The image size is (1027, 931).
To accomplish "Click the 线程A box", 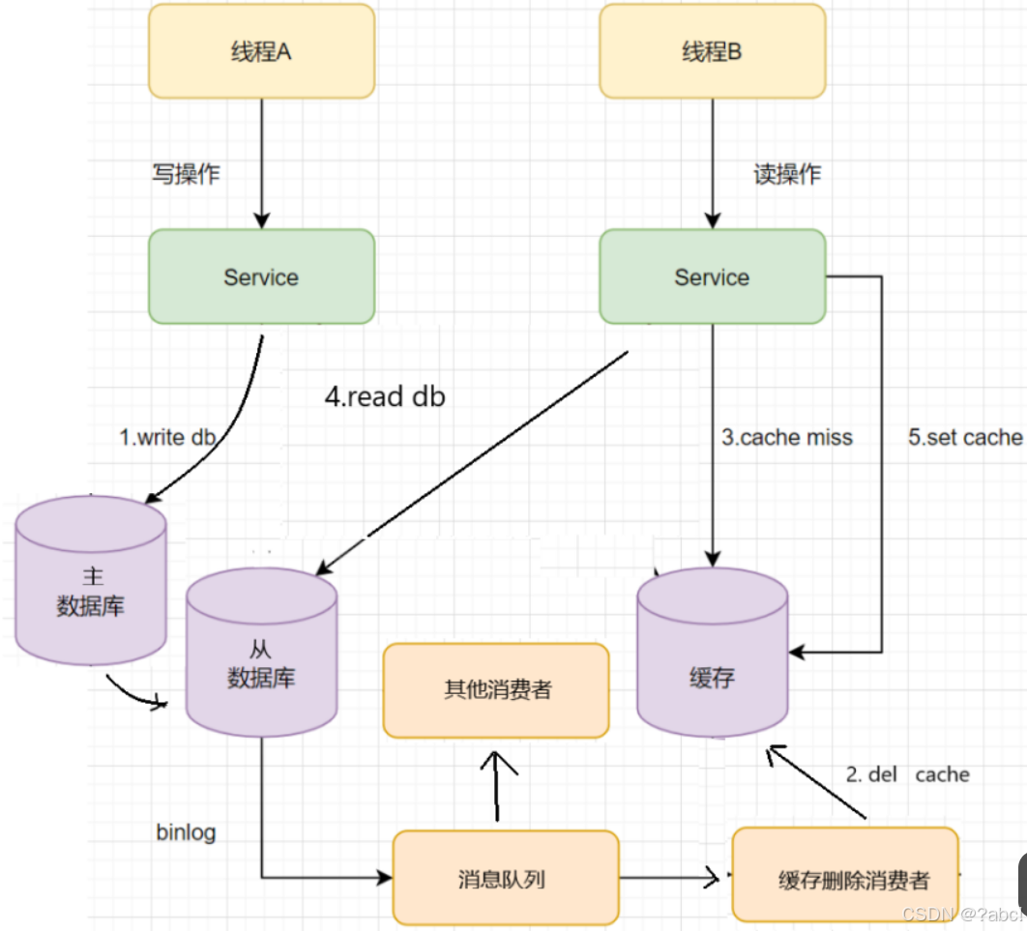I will (261, 51).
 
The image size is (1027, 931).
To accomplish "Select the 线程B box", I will (712, 51).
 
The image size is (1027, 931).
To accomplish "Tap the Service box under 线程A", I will (261, 276).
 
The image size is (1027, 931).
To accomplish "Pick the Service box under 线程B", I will (712, 276).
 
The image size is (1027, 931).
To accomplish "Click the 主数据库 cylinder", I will (92, 590).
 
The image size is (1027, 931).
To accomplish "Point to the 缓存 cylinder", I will (713, 667).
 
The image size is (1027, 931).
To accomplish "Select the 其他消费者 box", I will (496, 690).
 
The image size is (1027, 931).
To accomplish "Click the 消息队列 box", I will (505, 878).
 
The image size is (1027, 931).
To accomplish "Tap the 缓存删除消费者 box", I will (844, 878).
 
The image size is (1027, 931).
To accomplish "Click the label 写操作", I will (185, 174).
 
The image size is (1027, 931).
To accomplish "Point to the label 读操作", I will (786, 174).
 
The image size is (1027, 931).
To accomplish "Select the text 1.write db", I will (167, 437).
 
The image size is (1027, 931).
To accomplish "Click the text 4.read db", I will (385, 396).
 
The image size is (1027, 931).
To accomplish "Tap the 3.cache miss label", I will (787, 438).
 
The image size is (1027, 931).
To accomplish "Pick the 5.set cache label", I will (964, 438).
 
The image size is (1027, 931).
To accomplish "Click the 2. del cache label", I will (907, 774).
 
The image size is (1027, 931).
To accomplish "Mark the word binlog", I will (186, 832).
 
